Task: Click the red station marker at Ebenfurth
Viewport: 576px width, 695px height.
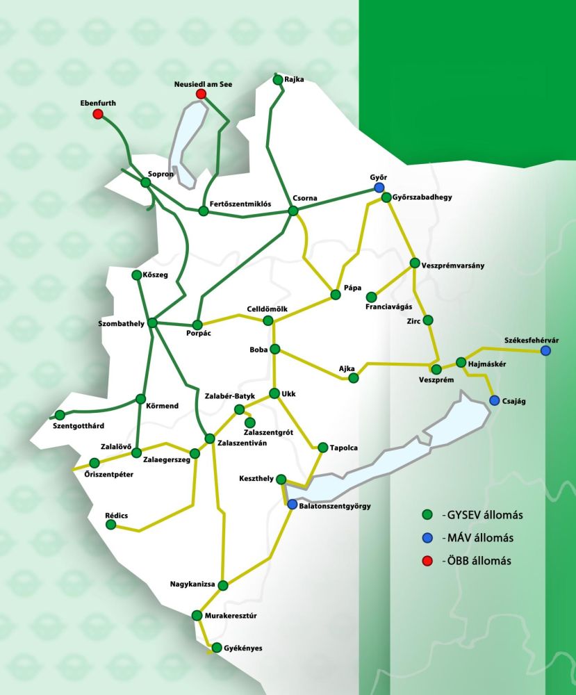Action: click(x=98, y=114)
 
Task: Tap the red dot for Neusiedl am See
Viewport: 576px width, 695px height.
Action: click(x=201, y=94)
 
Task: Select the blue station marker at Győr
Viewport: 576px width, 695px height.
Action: click(x=379, y=188)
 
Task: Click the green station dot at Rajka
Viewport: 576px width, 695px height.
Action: click(x=278, y=80)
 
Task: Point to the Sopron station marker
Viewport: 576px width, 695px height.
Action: click(x=146, y=182)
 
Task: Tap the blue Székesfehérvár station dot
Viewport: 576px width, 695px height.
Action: click(x=545, y=351)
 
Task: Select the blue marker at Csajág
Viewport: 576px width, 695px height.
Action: click(x=494, y=400)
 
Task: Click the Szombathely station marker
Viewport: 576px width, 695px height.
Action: click(x=153, y=322)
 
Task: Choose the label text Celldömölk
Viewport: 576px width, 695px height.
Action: click(x=267, y=309)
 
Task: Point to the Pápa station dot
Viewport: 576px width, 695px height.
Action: click(x=336, y=295)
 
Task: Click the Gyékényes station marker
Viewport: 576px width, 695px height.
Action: click(x=217, y=648)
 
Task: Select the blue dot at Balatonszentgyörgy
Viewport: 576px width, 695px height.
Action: click(x=293, y=505)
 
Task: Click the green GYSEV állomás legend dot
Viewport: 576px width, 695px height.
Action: click(x=428, y=515)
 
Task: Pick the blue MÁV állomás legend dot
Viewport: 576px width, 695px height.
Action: click(x=428, y=538)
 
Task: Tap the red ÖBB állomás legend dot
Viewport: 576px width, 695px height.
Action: click(x=428, y=561)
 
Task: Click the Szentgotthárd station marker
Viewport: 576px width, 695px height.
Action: click(x=60, y=415)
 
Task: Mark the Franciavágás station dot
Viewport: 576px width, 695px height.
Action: click(x=372, y=297)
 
